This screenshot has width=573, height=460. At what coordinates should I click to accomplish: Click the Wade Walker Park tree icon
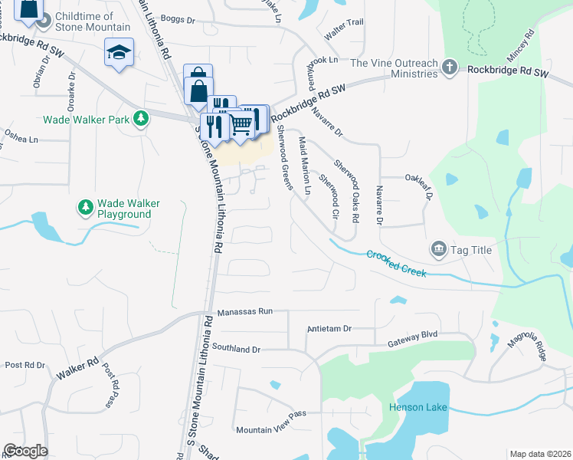coord(140,118)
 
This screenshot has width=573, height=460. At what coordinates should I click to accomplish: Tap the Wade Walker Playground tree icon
coord(85,208)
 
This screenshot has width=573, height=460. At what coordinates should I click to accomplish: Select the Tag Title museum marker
coord(439,248)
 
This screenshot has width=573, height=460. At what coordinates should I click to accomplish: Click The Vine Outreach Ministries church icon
coord(451,68)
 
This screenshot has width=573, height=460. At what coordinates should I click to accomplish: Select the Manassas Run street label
coord(244,312)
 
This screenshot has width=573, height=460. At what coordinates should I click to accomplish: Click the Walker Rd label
coord(77,370)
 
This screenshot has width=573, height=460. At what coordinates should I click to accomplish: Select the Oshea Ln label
coord(21,139)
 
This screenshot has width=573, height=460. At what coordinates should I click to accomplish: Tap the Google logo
coord(25,451)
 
